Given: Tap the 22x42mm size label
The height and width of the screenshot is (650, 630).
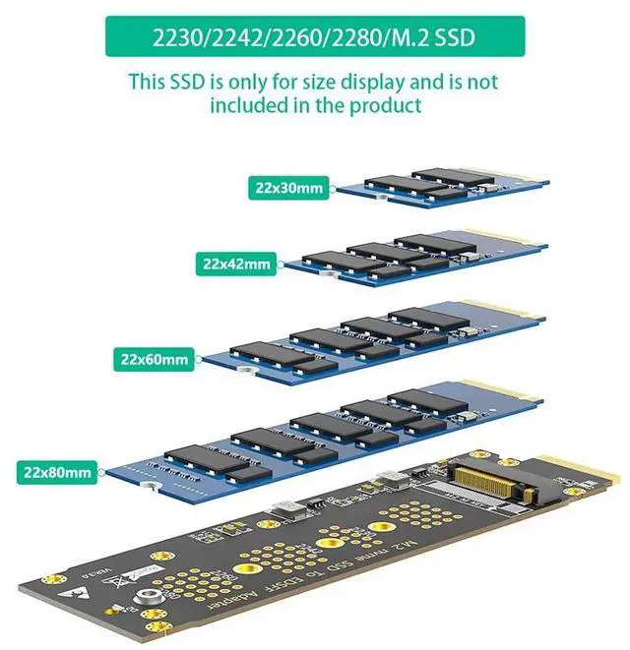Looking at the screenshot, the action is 236,263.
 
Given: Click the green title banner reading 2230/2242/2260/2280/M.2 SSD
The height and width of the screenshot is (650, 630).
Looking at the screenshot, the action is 314,40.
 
